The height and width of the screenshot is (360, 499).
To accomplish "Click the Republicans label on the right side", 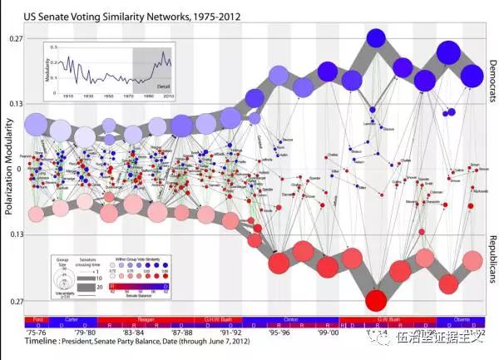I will click(x=492, y=253).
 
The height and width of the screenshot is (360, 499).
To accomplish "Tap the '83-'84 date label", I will click(x=118, y=330).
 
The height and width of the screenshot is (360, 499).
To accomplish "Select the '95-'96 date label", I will click(x=276, y=330).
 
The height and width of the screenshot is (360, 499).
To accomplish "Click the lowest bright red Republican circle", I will click(x=376, y=299).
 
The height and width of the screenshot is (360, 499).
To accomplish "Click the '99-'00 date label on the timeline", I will click(x=329, y=330).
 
